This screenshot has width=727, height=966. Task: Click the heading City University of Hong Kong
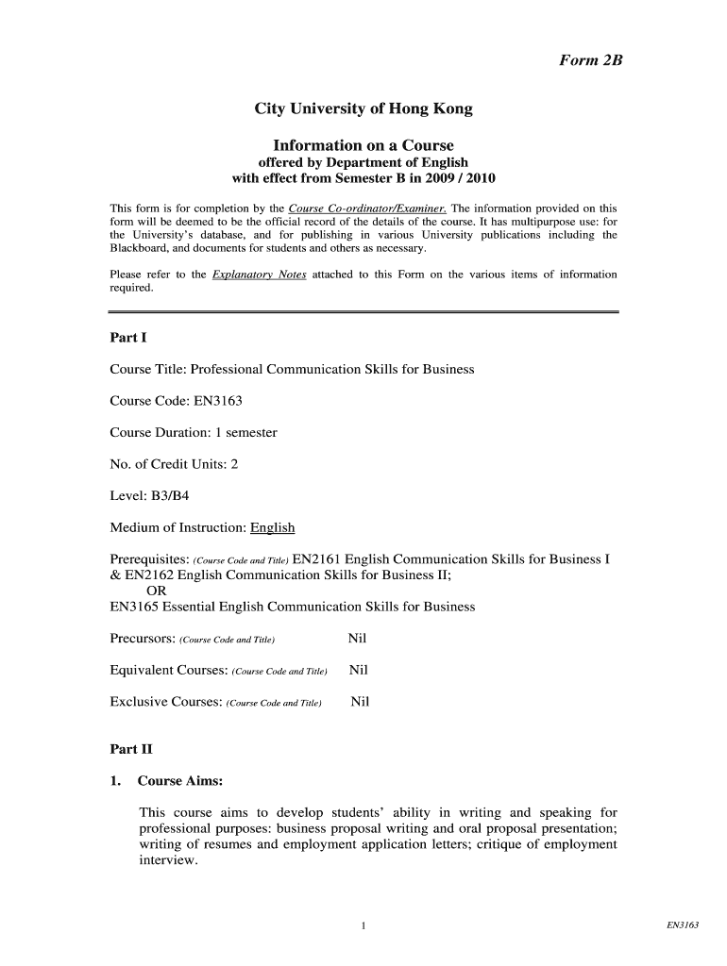click(363, 109)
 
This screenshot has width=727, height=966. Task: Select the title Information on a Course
click(363, 145)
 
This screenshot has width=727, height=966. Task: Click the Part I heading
click(127, 337)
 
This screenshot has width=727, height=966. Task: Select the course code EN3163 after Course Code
click(218, 401)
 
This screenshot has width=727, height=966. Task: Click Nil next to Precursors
click(357, 639)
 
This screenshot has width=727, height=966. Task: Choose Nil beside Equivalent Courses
click(358, 671)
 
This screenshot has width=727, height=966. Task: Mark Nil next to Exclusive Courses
click(360, 702)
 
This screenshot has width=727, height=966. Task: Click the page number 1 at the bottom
click(363, 926)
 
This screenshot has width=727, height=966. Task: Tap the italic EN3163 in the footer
click(682, 925)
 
